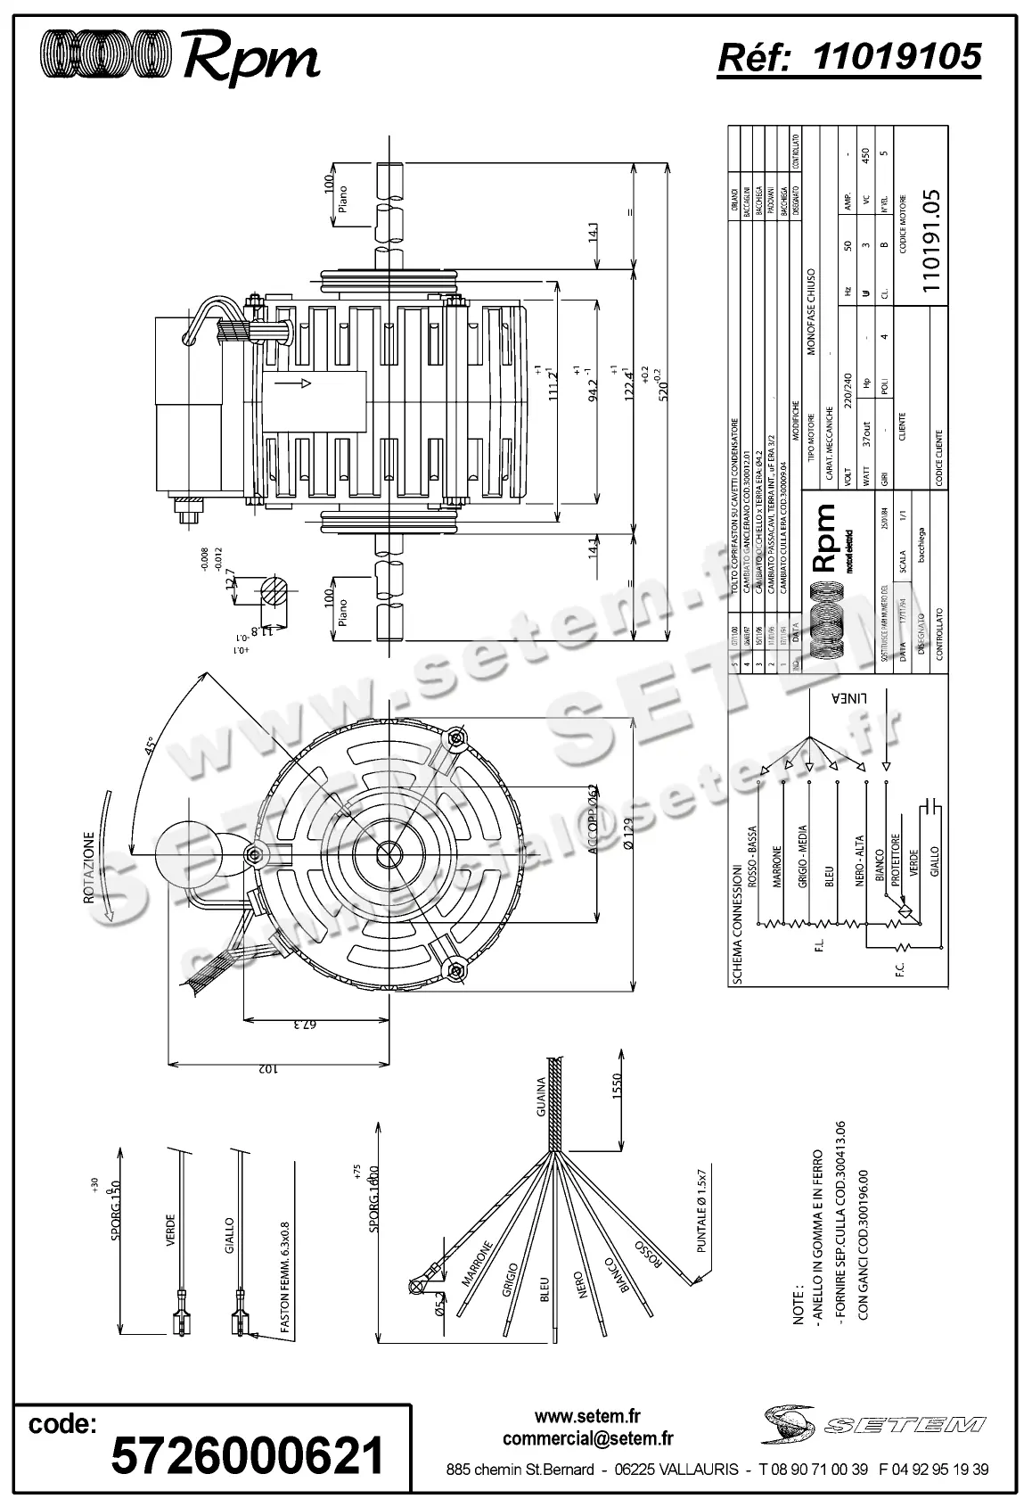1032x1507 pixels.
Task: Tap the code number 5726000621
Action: click(247, 1456)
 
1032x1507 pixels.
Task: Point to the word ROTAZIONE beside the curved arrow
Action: click(89, 869)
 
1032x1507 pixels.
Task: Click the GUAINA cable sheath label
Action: click(540, 1098)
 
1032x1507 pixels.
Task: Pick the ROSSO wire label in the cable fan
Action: click(647, 1252)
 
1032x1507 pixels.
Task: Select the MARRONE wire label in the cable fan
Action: click(477, 1264)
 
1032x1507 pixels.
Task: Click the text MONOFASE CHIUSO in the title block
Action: click(811, 312)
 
